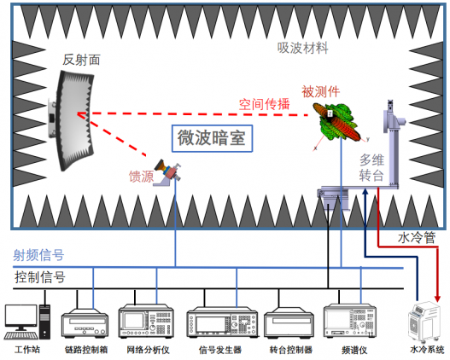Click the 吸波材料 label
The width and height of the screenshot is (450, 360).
click(302, 47)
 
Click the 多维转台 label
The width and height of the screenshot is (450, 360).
click(377, 167)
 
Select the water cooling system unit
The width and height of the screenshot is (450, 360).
click(424, 322)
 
